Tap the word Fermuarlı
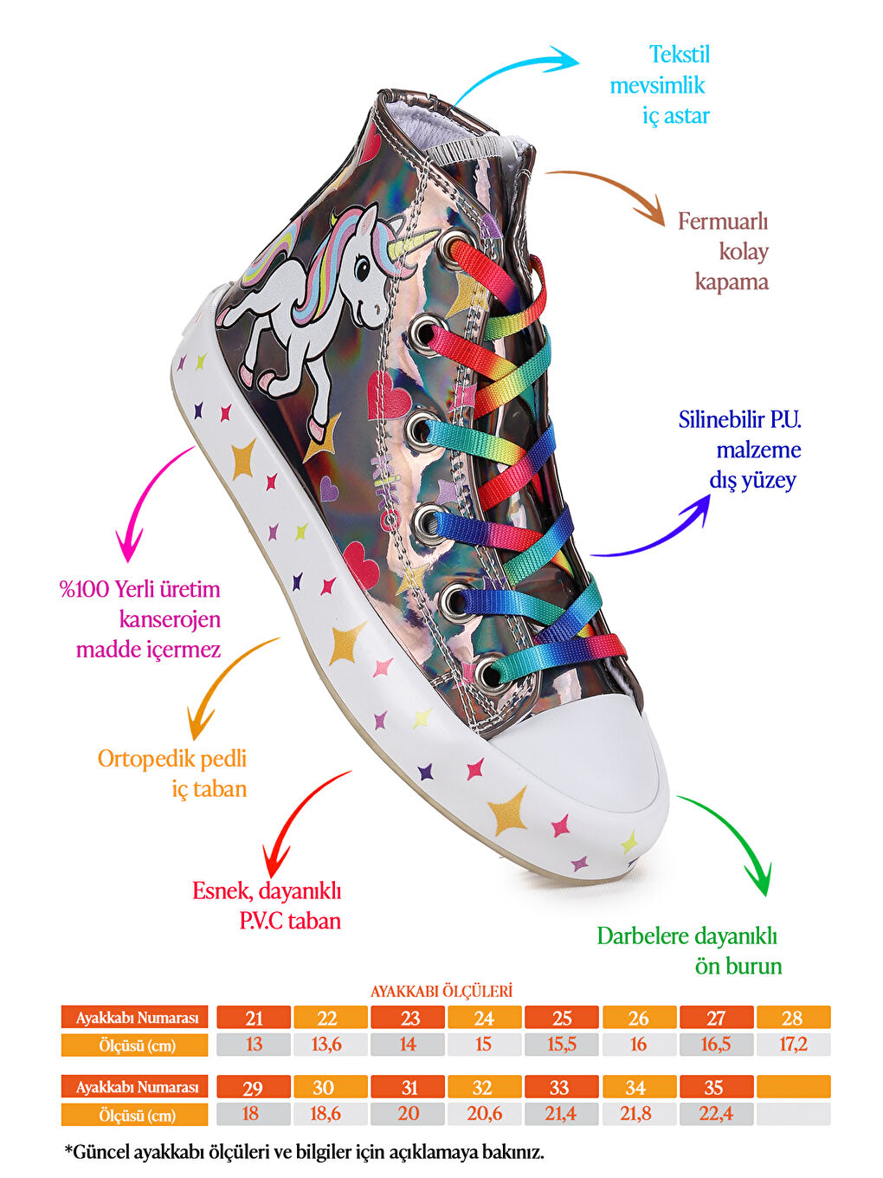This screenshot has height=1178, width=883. [723, 222]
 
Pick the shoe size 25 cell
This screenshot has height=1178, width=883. [562, 1018]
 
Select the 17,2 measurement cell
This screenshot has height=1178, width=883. [793, 1045]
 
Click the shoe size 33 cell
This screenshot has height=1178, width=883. [559, 1087]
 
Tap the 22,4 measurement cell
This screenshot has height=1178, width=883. [716, 1114]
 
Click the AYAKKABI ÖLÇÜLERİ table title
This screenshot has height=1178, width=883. [441, 991]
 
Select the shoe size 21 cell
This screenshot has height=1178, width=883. [254, 1018]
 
